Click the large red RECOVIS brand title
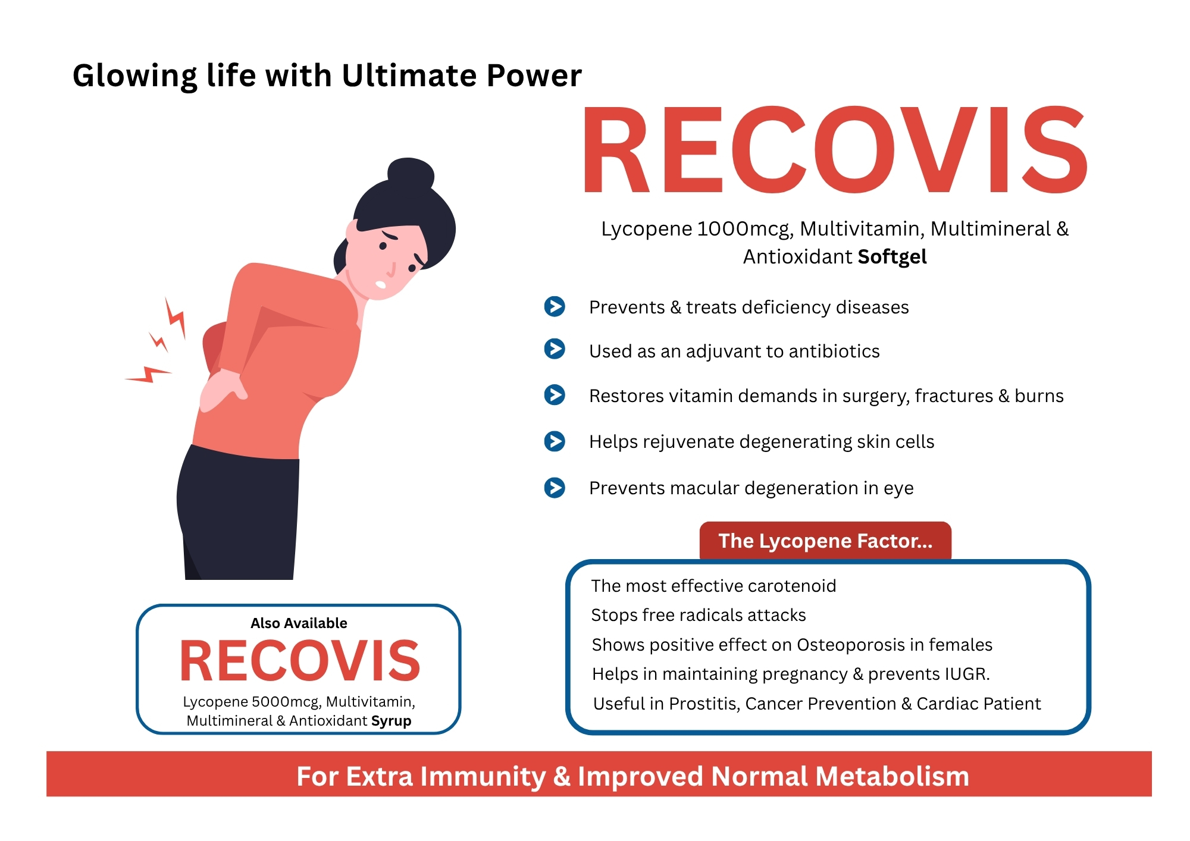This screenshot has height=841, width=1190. coord(835,150)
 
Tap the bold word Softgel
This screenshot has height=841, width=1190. coord(892,257)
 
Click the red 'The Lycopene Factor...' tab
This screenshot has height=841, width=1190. coord(825,541)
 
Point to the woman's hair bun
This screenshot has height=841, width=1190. coord(411,175)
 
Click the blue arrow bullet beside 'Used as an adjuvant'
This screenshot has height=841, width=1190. coord(555,349)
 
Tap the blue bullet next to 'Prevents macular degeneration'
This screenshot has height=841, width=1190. coord(555,488)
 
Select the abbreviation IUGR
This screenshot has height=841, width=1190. coord(966,674)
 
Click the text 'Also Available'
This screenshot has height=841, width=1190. coord(299,623)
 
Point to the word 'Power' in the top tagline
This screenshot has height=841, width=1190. coord(534,76)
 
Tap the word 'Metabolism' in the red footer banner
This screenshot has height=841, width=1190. coord(892,776)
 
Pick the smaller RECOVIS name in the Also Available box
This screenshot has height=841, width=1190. coord(300,661)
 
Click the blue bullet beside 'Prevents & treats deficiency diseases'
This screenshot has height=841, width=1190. coord(555,306)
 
